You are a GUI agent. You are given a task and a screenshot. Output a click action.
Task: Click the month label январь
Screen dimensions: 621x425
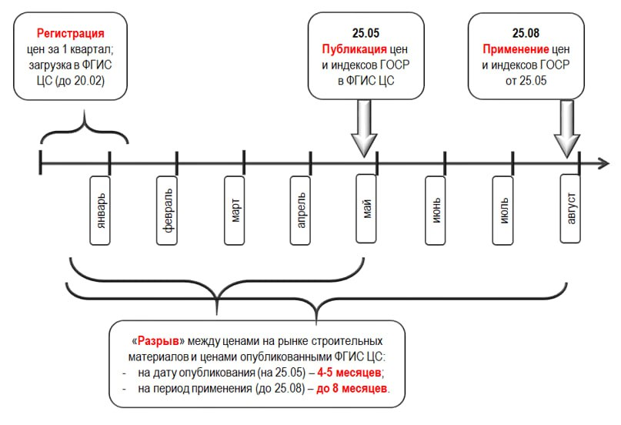tap(100, 210)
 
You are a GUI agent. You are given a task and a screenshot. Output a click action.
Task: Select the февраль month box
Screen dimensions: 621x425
tap(167, 210)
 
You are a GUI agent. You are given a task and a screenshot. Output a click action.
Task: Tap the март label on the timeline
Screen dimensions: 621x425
tap(235, 210)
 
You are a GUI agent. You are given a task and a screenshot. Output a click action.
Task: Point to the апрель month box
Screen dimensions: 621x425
tap(300, 210)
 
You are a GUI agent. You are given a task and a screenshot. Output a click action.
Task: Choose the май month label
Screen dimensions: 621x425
tap(366, 209)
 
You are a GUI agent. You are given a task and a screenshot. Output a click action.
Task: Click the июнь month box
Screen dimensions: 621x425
tap(436, 210)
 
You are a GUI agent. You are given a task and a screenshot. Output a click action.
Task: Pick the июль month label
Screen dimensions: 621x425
tap(503, 210)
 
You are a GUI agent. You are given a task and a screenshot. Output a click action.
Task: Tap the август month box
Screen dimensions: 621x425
tap(570, 209)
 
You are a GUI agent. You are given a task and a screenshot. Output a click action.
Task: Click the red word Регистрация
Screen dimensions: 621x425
tap(71, 33)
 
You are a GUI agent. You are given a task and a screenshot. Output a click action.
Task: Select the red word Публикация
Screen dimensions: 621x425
tap(354, 49)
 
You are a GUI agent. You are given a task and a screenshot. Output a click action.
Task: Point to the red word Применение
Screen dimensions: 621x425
tap(516, 49)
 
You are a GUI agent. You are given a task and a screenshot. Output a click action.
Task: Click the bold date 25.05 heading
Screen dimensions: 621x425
tap(366, 33)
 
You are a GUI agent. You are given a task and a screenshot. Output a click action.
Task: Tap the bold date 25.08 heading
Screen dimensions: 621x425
tap(526, 33)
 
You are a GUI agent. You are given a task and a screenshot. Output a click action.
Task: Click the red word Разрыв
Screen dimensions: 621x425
tap(158, 341)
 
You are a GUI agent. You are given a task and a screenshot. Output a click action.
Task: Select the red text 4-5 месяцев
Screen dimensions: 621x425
tap(349, 373)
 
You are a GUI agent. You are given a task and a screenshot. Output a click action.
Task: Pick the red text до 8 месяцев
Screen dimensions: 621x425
tap(352, 389)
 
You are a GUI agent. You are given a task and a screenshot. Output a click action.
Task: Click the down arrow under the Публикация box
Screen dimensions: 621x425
tap(364, 129)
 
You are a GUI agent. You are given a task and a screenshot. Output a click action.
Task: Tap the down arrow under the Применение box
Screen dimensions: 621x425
tap(567, 129)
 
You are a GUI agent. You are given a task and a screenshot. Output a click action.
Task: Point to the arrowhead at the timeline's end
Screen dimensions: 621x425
tap(603, 163)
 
